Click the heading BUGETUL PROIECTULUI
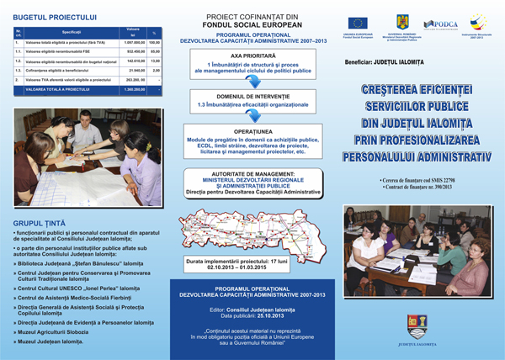click(x=51, y=16)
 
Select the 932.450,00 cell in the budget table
click(x=135, y=50)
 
